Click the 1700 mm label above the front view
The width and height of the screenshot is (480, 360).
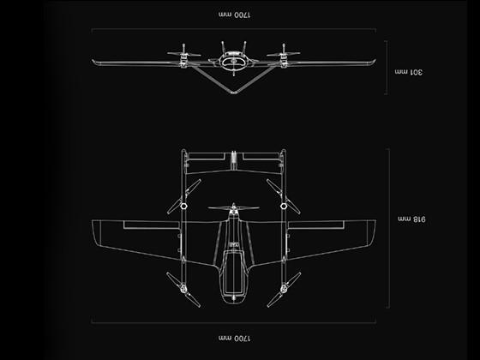tap(232, 15)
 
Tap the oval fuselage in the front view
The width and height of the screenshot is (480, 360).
tap(233, 62)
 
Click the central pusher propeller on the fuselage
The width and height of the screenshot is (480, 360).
tap(233, 208)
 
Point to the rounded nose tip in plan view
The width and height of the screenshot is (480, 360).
tap(233, 303)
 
